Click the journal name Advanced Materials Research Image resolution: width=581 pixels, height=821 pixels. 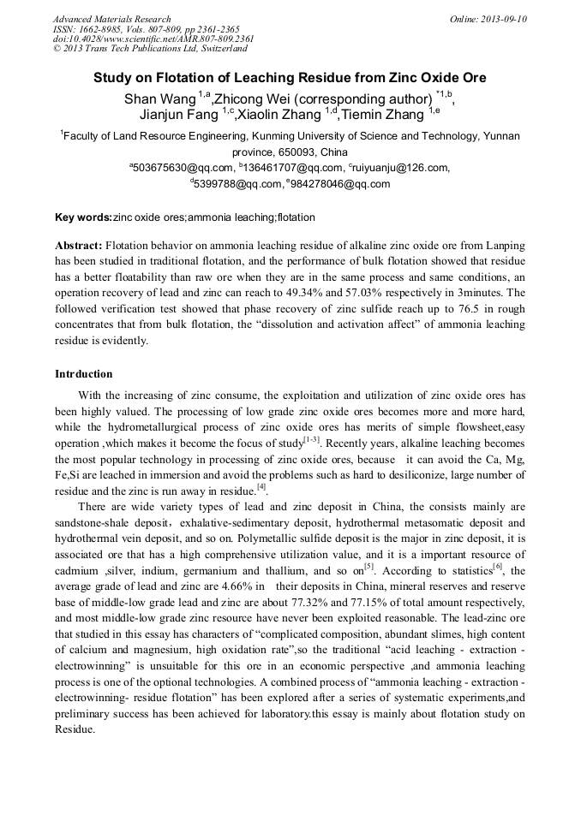point(111,19)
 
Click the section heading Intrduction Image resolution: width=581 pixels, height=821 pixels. point(84,374)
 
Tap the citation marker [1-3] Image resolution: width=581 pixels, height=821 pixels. point(312,440)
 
